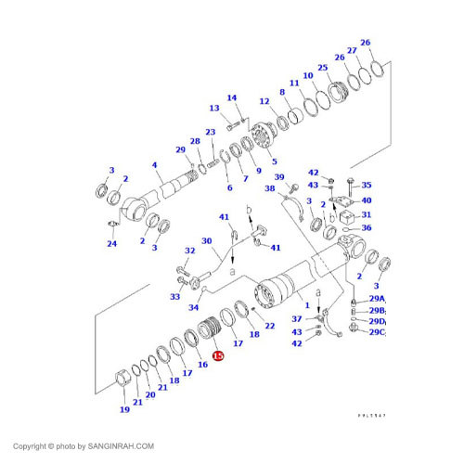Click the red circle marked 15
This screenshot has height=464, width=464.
tap(217, 355)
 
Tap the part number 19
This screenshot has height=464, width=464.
tap(124, 409)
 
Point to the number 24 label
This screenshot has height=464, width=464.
tap(111, 244)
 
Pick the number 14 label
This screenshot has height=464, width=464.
tap(232, 97)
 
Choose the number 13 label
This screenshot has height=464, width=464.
tap(213, 109)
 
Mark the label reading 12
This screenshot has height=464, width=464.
tap(264, 101)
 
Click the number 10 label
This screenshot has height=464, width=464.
tap(306, 76)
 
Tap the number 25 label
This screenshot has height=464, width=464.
tap(322, 68)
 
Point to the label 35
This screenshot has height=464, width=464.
tap(366, 185)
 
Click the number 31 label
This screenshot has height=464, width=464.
tap(366, 215)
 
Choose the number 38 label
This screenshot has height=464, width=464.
tap(269, 188)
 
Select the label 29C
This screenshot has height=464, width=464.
tap(376, 332)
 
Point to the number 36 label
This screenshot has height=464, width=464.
tap(366, 228)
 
